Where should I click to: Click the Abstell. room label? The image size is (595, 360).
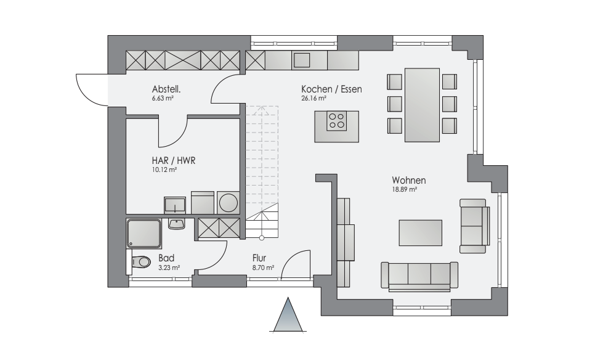166,89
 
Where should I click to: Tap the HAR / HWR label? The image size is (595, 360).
174,161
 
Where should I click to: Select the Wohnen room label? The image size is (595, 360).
409,180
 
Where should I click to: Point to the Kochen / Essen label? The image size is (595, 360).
331,89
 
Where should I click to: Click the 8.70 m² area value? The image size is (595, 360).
263,268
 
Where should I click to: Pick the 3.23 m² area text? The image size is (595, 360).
169,268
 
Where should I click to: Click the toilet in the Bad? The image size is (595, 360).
139,261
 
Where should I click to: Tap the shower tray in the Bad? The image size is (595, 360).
144,234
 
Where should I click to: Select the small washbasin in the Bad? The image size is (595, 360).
176,224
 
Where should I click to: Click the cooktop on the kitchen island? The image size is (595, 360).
336,121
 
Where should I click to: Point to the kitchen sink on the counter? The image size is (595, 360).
302,60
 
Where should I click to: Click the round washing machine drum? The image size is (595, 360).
229,203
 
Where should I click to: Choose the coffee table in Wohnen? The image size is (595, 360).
421,233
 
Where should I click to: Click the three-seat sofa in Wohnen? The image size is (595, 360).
419,276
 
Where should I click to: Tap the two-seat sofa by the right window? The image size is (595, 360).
474,226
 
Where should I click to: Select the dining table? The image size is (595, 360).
422,105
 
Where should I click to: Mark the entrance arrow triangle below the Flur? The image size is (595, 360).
288,315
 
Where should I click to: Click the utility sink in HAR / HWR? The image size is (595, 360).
174,205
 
